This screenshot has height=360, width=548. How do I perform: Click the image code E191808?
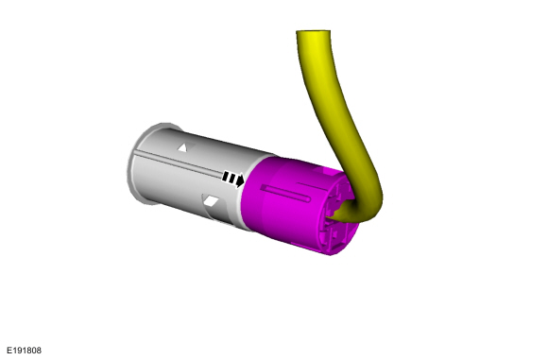(x=24, y=351)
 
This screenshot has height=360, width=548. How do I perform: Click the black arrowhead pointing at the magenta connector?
(x=240, y=180)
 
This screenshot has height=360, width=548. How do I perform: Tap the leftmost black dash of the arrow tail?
(x=226, y=176)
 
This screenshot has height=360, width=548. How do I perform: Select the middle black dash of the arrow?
(x=231, y=179)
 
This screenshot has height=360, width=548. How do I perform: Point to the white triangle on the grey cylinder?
(x=182, y=147)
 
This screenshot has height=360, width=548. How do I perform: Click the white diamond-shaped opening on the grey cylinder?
(x=211, y=201)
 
